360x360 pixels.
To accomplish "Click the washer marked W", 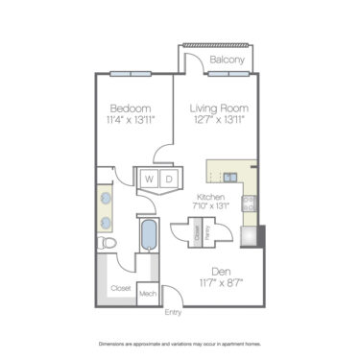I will coord(150,179).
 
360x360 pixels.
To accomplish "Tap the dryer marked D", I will coord(167,179).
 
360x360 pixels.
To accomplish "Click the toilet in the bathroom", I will coord(108,246).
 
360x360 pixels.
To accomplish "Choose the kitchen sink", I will coord(230,177).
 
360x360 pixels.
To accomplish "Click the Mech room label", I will coord(148,295).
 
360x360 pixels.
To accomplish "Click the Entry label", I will coord(173,312).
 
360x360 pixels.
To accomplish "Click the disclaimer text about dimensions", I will coord(180,343).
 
